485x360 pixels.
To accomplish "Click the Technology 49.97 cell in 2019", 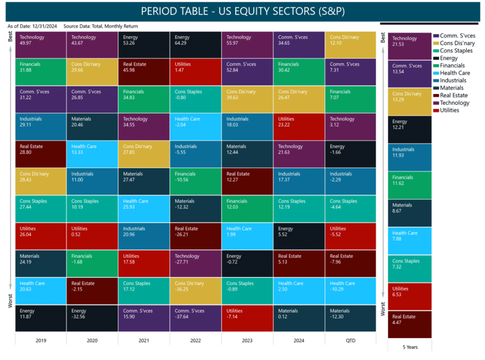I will tap(41, 44).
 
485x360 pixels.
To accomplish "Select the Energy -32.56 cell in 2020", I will tap(92, 318).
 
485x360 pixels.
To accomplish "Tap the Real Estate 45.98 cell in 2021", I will tap(144, 72).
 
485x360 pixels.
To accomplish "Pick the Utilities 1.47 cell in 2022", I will tap(195, 72).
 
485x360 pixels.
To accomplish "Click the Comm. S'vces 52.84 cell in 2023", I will tap(247, 72).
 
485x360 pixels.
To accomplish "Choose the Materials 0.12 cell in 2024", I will tap(299, 318).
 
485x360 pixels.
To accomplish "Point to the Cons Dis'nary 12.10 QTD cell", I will tap(350, 44).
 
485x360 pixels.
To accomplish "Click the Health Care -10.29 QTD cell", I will tap(350, 291).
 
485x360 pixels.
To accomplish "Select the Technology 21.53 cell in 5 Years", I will tap(409, 46).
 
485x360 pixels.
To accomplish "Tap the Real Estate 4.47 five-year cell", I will tap(409, 324).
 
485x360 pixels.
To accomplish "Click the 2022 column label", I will tap(195, 340).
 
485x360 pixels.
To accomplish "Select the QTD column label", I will tap(350, 340).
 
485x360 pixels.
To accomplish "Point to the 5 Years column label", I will tap(409, 347).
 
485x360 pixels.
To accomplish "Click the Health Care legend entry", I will tap(454, 73).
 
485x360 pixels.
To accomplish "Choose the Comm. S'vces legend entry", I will tap(457, 36).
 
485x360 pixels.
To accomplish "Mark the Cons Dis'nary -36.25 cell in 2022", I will tap(195, 291).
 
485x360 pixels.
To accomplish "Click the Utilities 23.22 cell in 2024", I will tap(299, 126).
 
